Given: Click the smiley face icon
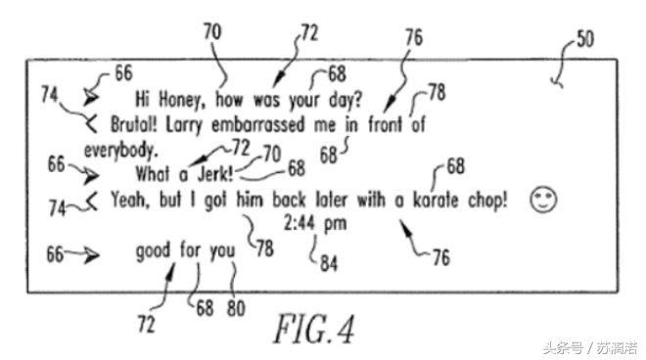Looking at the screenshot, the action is [x=543, y=200].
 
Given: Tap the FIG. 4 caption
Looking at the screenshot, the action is [x=314, y=329].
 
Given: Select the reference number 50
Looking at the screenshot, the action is [x=585, y=39].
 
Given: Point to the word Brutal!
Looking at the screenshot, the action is [x=134, y=124].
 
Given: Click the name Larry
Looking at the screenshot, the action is [x=184, y=125].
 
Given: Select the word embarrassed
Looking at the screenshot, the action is [x=257, y=124].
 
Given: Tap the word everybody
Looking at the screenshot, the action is [x=121, y=151].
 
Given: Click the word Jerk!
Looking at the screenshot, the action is [x=215, y=174].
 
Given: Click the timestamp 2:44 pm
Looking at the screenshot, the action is [x=315, y=224].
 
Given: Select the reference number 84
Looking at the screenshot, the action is [x=329, y=263].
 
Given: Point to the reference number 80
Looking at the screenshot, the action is [x=236, y=308].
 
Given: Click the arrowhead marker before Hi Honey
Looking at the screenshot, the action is [x=91, y=97].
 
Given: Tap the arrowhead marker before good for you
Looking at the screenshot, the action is [x=91, y=255].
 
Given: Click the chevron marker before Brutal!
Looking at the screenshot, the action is [x=91, y=123].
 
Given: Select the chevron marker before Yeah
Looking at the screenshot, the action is [x=92, y=202].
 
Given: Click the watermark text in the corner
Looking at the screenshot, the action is [x=590, y=348].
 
